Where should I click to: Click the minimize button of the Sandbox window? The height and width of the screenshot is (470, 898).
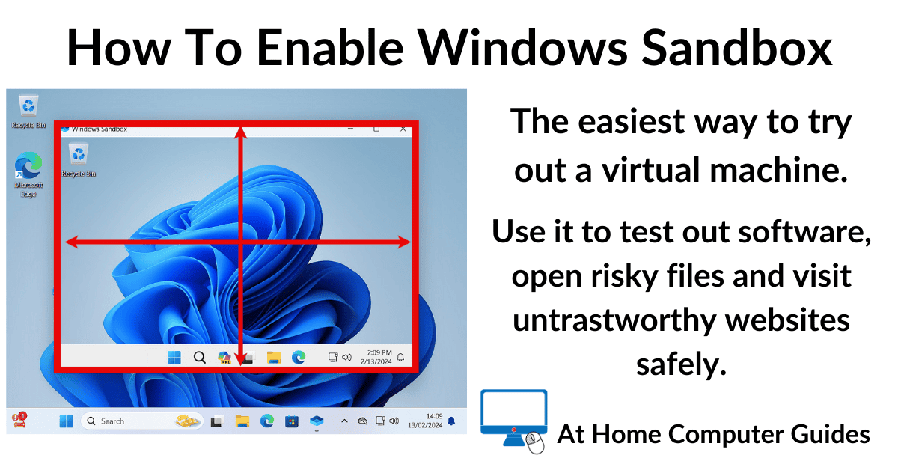(x=350, y=129)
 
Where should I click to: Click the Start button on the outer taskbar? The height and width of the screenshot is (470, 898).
(x=66, y=421)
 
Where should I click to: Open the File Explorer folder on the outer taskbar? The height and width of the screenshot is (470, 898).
(x=242, y=421)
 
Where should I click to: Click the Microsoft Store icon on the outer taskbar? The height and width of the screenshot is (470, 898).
(x=292, y=421)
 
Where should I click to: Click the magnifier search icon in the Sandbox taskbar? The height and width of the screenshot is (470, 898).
(x=199, y=358)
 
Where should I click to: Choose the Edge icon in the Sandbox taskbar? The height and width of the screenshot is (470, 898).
(x=299, y=358)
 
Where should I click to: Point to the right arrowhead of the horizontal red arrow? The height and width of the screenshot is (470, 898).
(x=405, y=242)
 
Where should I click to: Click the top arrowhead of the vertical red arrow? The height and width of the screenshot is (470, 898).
(x=240, y=132)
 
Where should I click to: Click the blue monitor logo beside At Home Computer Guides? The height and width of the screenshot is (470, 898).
(x=513, y=417)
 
